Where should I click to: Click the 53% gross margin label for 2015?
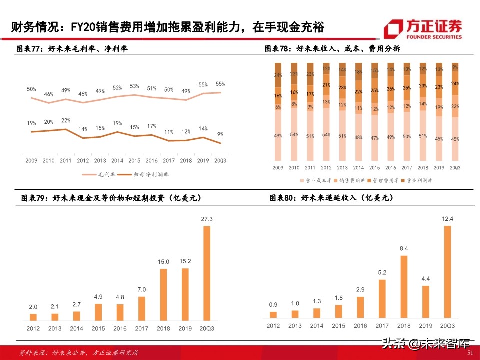134,86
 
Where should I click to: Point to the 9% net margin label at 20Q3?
220,134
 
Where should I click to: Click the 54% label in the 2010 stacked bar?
294,135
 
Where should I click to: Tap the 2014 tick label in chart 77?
117,161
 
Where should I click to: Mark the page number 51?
469,352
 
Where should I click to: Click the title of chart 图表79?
111,198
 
